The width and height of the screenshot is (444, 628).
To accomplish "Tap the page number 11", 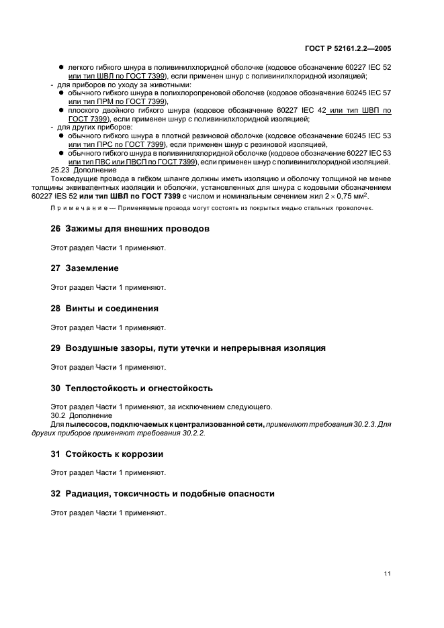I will point(388,573).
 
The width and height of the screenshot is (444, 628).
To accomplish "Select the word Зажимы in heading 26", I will point(84,229).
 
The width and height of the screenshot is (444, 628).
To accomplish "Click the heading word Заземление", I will point(92,268).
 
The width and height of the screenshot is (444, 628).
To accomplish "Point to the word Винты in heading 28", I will point(80,309).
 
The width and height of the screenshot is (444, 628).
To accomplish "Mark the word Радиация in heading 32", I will point(90,494).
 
